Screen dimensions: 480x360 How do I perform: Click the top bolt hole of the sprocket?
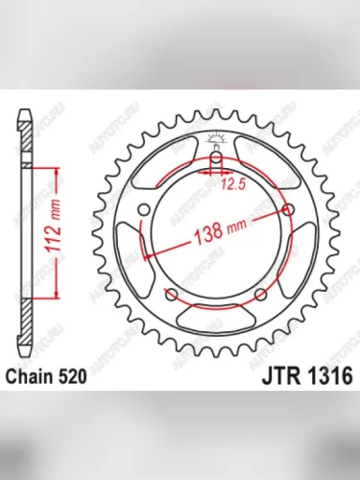point(217,157)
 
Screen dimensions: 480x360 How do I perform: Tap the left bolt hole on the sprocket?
point(144,210)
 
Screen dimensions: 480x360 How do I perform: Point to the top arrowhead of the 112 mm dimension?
point(60,169)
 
